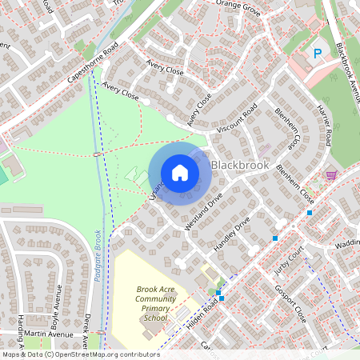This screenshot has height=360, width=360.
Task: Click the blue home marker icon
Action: click(x=179, y=173)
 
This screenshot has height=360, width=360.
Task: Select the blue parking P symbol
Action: click(x=318, y=54)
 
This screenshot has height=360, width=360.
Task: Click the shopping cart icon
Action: click(x=331, y=174)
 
